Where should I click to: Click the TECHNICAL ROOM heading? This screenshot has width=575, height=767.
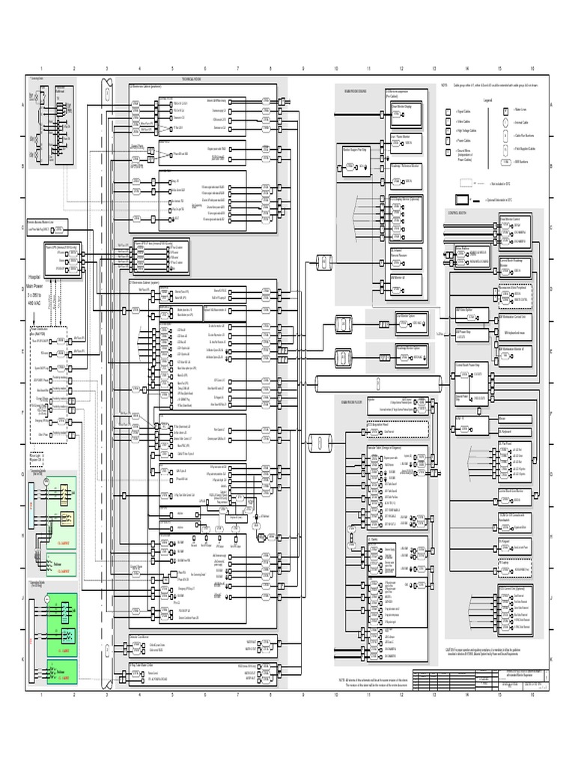click(x=192, y=79)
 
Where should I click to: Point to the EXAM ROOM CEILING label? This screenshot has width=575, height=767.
click(x=355, y=90)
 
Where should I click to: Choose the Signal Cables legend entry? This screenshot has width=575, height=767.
click(x=462, y=111)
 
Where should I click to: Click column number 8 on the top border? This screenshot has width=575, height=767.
click(x=270, y=68)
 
